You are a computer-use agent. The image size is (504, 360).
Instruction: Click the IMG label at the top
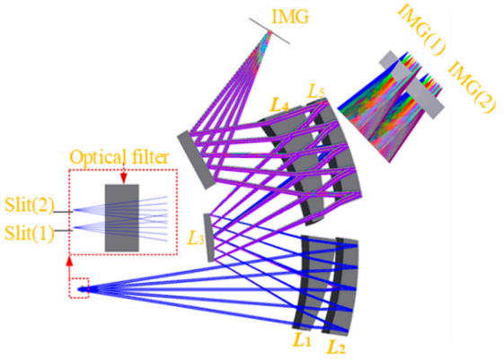tap(290, 16)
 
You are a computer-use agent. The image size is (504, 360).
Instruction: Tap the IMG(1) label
tap(421, 30)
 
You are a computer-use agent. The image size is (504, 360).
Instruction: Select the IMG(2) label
tap(472, 87)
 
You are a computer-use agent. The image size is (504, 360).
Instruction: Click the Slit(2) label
tap(30, 205)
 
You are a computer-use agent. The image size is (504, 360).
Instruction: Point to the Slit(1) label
tap(30, 233)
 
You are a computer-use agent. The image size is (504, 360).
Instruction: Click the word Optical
tap(97, 158)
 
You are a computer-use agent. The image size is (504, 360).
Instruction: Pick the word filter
tap(148, 157)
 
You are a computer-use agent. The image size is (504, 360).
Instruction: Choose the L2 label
tap(336, 346)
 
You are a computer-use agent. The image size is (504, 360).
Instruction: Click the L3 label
tap(196, 238)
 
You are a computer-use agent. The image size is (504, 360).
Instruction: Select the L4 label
tap(279, 105)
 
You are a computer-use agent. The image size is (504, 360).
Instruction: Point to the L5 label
tap(316, 92)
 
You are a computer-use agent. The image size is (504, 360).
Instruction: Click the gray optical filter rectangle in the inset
tap(122, 218)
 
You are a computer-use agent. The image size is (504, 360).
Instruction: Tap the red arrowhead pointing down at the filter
tap(124, 179)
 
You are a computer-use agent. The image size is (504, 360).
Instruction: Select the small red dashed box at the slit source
tap(79, 288)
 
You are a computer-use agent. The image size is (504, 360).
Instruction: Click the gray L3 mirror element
tap(209, 238)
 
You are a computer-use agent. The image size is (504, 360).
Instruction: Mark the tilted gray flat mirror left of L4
tap(196, 160)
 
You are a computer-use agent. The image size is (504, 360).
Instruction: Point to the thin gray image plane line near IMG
tap(270, 31)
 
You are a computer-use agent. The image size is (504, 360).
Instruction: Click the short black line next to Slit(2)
tap(63, 212)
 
